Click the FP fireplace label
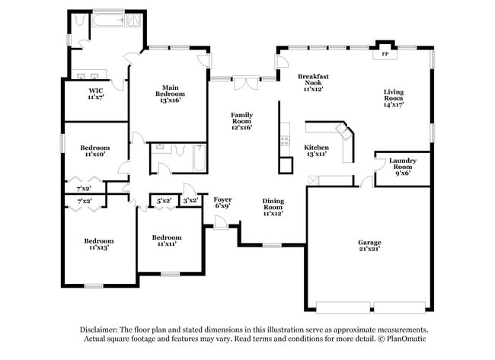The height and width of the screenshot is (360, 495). coord(385,54)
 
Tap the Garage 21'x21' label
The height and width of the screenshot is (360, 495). coord(369,246)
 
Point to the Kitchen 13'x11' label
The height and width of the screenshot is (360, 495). coord(316,151)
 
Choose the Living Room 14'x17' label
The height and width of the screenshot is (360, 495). coord(394,98)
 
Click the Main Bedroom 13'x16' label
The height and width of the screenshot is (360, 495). coord(170,94)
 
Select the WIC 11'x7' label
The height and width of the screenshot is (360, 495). coord(96,94)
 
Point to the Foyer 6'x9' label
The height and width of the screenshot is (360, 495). coord(222,202)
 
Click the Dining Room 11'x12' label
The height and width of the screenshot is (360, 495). coord(273,207)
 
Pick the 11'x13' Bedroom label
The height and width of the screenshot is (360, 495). coord(99,244)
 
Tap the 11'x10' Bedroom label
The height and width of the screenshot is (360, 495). coord(95,151)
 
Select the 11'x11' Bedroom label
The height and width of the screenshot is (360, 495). coord(167,241)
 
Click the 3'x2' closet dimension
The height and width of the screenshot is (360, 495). coord(190,200)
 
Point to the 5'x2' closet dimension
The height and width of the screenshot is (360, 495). coord(164,201)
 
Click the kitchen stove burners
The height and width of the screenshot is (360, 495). coord(285,141)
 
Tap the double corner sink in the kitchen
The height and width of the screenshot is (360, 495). coord(343,131)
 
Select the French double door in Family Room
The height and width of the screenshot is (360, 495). coord(246,83)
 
